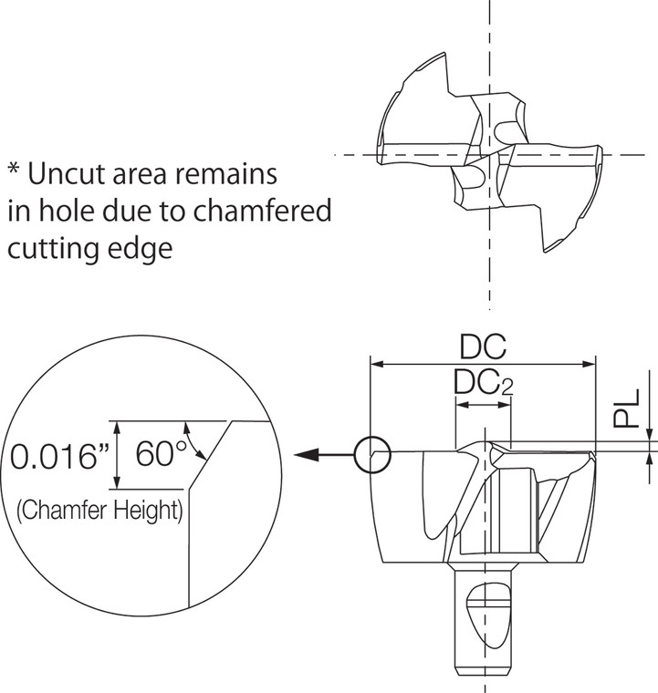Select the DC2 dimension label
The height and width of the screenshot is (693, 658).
(x=483, y=385)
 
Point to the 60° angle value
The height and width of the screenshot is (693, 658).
(x=162, y=453)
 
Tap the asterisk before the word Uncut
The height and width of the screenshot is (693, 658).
(x=14, y=171)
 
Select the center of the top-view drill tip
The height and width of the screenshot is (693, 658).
(x=492, y=155)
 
